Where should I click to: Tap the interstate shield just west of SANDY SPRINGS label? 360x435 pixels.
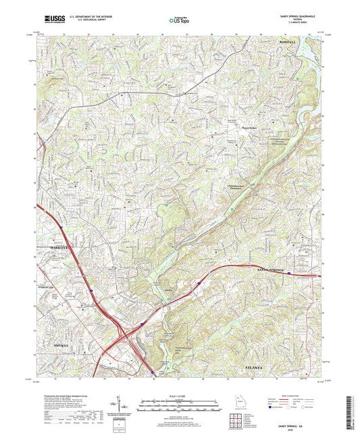[289, 274]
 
